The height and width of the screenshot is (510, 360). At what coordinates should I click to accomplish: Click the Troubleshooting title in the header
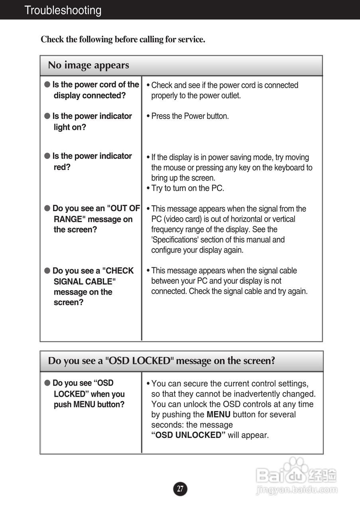click(63, 10)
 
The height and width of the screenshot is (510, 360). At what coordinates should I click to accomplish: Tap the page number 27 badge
click(180, 489)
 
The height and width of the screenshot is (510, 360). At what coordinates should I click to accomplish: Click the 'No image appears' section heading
click(89, 65)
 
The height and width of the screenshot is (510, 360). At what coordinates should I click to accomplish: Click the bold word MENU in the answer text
click(218, 414)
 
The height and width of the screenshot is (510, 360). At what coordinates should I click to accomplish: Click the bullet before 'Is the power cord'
click(47, 84)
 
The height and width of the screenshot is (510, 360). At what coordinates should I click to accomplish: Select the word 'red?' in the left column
click(62, 167)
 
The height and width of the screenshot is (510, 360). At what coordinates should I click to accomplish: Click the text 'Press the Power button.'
click(190, 116)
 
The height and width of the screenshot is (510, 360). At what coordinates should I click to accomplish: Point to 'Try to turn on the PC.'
click(188, 188)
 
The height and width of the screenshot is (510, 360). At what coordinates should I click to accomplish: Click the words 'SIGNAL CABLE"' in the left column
click(85, 282)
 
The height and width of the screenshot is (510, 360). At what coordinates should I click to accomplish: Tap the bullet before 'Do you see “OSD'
click(47, 383)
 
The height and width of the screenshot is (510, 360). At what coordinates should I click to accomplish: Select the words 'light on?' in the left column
click(70, 127)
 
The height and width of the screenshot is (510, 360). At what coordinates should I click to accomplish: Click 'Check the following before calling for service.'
click(123, 39)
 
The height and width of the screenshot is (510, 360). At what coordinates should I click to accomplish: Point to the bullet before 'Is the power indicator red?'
click(47, 156)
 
